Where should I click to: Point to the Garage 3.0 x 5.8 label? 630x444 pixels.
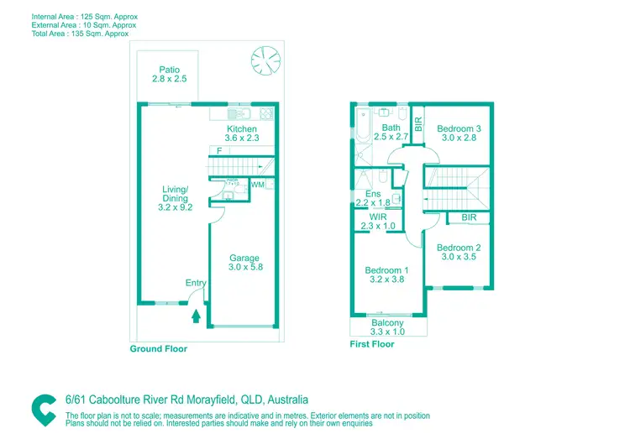(244, 263)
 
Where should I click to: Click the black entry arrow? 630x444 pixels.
(197, 316)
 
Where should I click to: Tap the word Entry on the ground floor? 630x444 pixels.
(196, 283)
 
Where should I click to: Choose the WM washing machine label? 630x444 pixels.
(257, 184)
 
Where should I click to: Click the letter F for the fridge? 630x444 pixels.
(219, 151)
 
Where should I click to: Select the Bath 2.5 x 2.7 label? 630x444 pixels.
(391, 133)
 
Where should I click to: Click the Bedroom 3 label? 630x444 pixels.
(459, 133)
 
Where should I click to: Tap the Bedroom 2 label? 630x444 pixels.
(459, 253)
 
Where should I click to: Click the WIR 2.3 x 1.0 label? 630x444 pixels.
(377, 222)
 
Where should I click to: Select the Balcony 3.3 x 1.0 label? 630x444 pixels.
(387, 327)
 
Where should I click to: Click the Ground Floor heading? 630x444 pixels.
(158, 348)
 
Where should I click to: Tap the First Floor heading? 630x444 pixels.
(371, 344)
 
